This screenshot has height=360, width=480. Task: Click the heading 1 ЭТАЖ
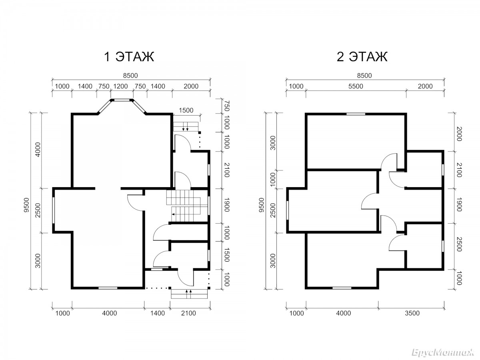point(129,57)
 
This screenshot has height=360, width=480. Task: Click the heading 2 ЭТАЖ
point(362,57)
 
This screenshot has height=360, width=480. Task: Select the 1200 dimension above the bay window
point(120,86)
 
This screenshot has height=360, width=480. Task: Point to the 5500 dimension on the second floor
point(356,86)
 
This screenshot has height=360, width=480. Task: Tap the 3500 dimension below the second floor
point(412,313)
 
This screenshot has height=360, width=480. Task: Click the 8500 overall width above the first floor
point(130,76)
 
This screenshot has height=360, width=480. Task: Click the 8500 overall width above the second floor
point(364,76)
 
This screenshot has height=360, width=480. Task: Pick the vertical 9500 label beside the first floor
point(26,205)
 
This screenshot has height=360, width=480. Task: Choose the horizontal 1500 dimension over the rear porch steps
point(186,110)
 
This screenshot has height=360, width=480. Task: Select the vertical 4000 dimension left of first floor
point(38,150)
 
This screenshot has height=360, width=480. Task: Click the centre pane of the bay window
point(122,100)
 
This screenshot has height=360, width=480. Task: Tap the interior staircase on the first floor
point(186,206)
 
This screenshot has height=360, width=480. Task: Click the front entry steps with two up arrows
point(189,294)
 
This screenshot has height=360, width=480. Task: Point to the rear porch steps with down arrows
point(186,127)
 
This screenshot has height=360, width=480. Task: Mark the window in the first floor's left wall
point(53,210)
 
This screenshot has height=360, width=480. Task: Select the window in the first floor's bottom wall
point(108,288)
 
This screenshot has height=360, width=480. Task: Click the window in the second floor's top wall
point(356,114)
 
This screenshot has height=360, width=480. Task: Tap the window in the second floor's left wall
point(287,210)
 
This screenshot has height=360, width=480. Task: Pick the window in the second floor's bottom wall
point(342,288)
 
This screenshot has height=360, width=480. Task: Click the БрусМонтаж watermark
point(443,352)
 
